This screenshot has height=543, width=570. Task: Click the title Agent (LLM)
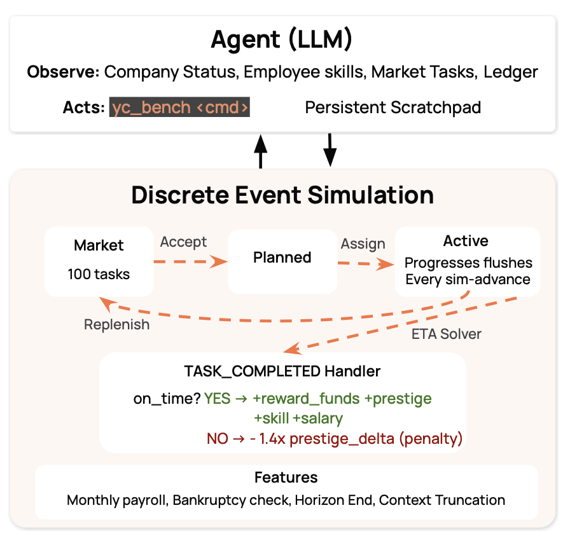tap(281, 41)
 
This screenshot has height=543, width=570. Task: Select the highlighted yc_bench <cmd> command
tap(180, 107)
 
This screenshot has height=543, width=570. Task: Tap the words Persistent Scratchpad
tap(393, 107)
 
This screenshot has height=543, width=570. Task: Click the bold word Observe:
tap(63, 72)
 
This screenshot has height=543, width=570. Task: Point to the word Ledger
tap(510, 72)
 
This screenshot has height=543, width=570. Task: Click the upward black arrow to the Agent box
tap(260, 151)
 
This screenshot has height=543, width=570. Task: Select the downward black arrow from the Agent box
tap(330, 150)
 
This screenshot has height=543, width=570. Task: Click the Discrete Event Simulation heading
tap(282, 195)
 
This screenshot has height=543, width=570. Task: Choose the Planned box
tap(282, 258)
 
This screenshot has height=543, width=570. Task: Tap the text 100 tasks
tap(99, 275)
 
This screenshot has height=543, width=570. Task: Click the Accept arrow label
tap(183, 242)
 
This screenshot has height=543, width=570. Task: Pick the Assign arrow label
tap(363, 244)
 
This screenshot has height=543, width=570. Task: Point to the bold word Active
tap(466, 242)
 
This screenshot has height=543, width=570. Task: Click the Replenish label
tap(117, 324)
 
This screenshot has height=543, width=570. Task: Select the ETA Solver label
tap(446, 334)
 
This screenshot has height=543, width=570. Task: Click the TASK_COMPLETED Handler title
tap(282, 371)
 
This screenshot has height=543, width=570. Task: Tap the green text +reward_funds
tap(306, 399)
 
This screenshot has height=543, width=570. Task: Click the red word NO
tap(217, 438)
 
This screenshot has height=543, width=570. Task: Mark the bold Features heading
tap(286, 477)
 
